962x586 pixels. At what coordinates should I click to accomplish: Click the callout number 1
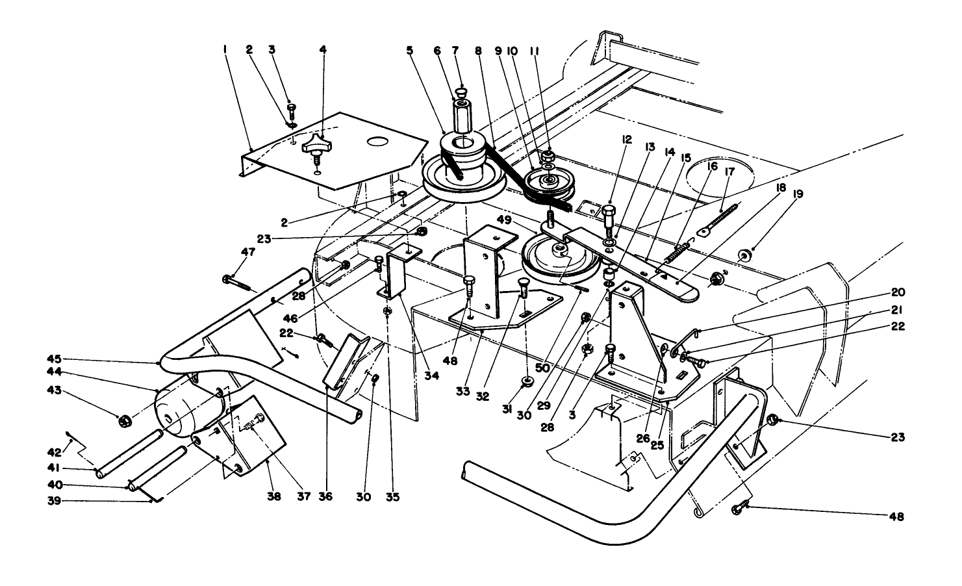point(225,49)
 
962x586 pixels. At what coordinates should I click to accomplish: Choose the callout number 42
point(55,452)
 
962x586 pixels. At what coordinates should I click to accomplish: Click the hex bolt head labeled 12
point(609,212)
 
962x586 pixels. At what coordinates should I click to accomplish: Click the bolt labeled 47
point(237,281)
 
